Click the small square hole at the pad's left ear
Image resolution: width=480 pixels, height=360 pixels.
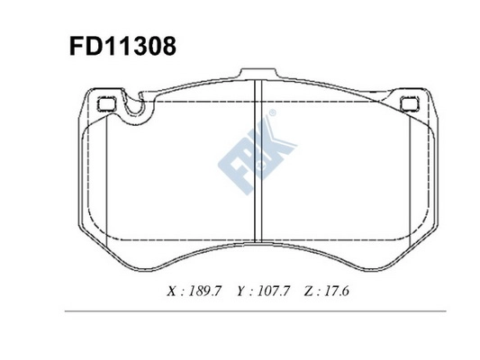pyautogui.click(x=103, y=102)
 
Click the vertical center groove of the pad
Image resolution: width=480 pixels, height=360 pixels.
pyautogui.click(x=258, y=162)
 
